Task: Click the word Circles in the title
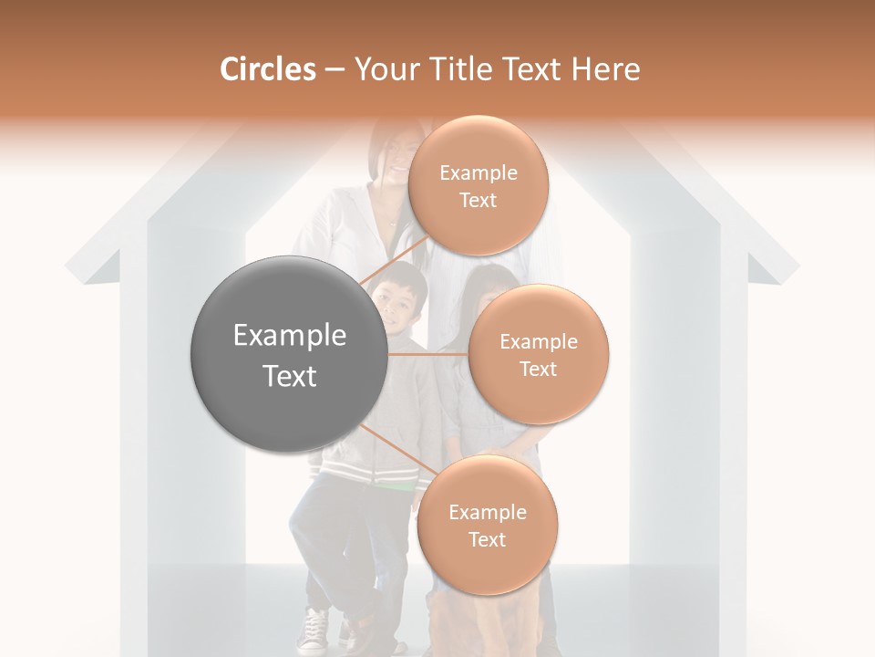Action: (x=267, y=69)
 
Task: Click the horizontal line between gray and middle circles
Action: (x=427, y=354)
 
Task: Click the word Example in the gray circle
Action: (x=289, y=336)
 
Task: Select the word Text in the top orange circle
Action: (x=478, y=200)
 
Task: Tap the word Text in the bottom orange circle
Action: (x=487, y=539)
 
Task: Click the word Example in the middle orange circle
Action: (x=538, y=342)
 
